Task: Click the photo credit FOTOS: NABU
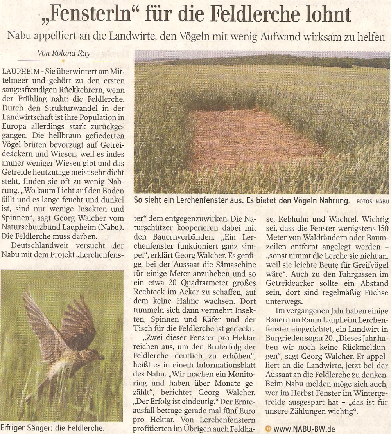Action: tap(372, 202)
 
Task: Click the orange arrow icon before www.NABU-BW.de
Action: tap(268, 429)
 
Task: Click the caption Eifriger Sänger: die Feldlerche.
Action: tap(52, 428)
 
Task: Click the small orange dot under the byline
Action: tap(63, 61)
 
